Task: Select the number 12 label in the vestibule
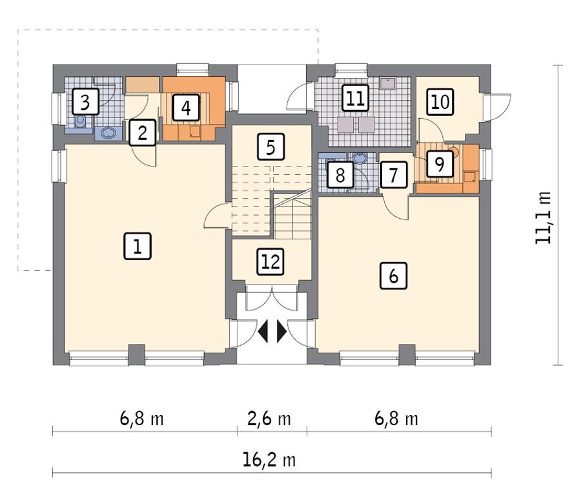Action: click(x=270, y=261)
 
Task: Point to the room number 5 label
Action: click(x=270, y=146)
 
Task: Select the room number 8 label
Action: click(x=339, y=174)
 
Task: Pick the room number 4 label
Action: click(x=186, y=106)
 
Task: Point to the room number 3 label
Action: click(x=86, y=101)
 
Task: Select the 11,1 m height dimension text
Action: click(x=544, y=217)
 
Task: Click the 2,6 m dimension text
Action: click(x=269, y=419)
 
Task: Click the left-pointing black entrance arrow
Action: click(x=263, y=331)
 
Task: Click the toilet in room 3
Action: click(x=80, y=121)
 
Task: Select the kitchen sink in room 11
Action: click(x=387, y=83)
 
